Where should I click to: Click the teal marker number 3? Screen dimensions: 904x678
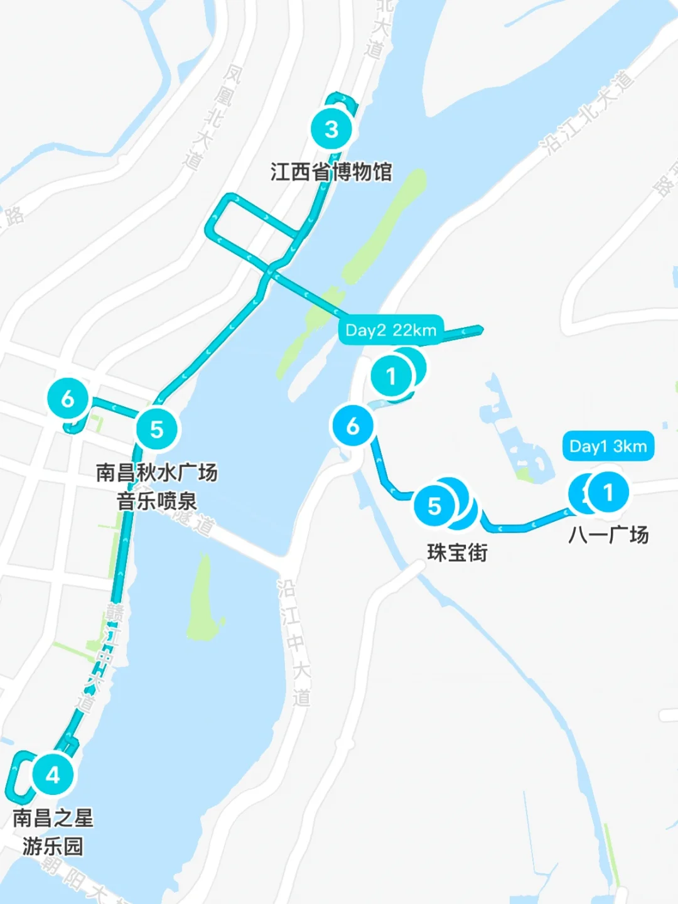[x=331, y=129]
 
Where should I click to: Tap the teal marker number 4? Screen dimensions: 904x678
[x=53, y=775]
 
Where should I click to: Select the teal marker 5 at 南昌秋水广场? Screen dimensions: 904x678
[x=156, y=429]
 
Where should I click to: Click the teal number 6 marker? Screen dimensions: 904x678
[x=68, y=398]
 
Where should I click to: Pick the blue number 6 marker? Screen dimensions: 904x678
[x=353, y=426]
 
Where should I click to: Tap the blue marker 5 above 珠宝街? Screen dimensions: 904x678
[x=434, y=506]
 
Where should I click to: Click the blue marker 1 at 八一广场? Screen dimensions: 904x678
[x=608, y=492]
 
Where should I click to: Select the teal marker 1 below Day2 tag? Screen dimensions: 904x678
[x=391, y=376]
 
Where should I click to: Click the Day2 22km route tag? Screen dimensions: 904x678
[x=390, y=330]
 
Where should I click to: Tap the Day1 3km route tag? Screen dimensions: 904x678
[x=608, y=446]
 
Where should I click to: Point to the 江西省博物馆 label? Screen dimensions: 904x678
[x=331, y=171]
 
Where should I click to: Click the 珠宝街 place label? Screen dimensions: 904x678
[x=457, y=552]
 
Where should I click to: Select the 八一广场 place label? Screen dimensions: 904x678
[x=608, y=535]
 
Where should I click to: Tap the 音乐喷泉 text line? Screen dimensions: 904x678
[x=156, y=501]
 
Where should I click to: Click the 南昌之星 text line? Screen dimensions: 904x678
[x=53, y=818]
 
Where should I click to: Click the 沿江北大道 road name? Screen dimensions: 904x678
[x=588, y=113]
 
